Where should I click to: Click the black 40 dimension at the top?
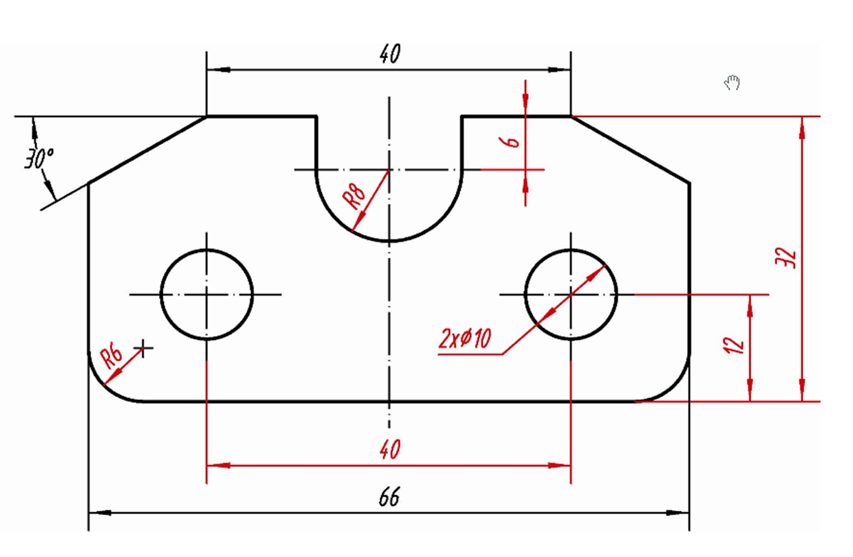coord(390,54)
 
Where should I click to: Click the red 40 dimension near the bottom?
coord(390,449)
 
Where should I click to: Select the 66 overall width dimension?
coord(389,497)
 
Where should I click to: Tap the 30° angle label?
coord(38,158)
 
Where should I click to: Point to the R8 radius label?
coord(355,195)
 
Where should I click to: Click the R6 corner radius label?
coord(112,357)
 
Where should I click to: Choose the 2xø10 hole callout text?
coord(465,338)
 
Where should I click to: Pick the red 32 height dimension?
coord(786,258)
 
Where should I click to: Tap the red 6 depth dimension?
coord(511,142)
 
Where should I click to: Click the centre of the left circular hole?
coord(207,295)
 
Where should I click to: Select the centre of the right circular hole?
coord(571,295)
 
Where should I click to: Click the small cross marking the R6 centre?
coord(144,349)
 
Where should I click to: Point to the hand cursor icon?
coord(732,82)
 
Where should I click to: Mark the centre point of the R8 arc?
coord(389,169)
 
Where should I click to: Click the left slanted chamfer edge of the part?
coord(147,150)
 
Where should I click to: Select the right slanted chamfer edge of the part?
coord(630,150)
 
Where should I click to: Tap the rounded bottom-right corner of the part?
coord(675,388)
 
